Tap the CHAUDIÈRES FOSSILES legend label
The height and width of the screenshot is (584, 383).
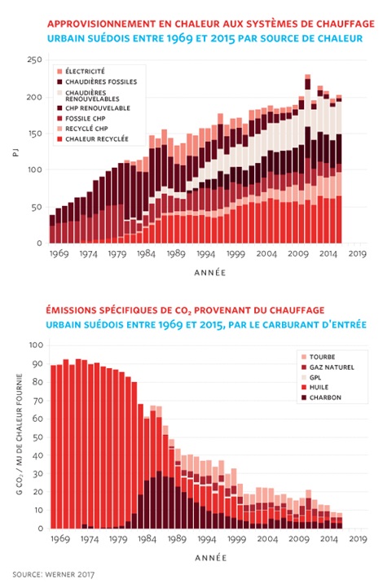pyautogui.click(x=101, y=81)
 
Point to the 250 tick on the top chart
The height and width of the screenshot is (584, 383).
pyautogui.click(x=34, y=60)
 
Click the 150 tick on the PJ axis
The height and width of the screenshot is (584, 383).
pyautogui.click(x=35, y=134)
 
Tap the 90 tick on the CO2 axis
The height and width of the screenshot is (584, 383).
pyautogui.click(x=37, y=364)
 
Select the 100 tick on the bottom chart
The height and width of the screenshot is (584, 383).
pyautogui.click(x=36, y=345)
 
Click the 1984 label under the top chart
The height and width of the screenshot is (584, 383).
pyautogui.click(x=146, y=253)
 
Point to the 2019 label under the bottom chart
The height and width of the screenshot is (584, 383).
pyautogui.click(x=358, y=538)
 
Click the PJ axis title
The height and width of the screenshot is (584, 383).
pyautogui.click(x=15, y=152)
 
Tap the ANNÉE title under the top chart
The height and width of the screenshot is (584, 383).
pyautogui.click(x=209, y=273)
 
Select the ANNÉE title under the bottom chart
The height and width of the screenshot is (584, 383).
pyautogui.click(x=210, y=558)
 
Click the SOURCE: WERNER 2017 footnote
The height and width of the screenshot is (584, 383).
pyautogui.click(x=53, y=575)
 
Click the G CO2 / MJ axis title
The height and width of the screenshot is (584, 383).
pyautogui.click(x=20, y=434)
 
